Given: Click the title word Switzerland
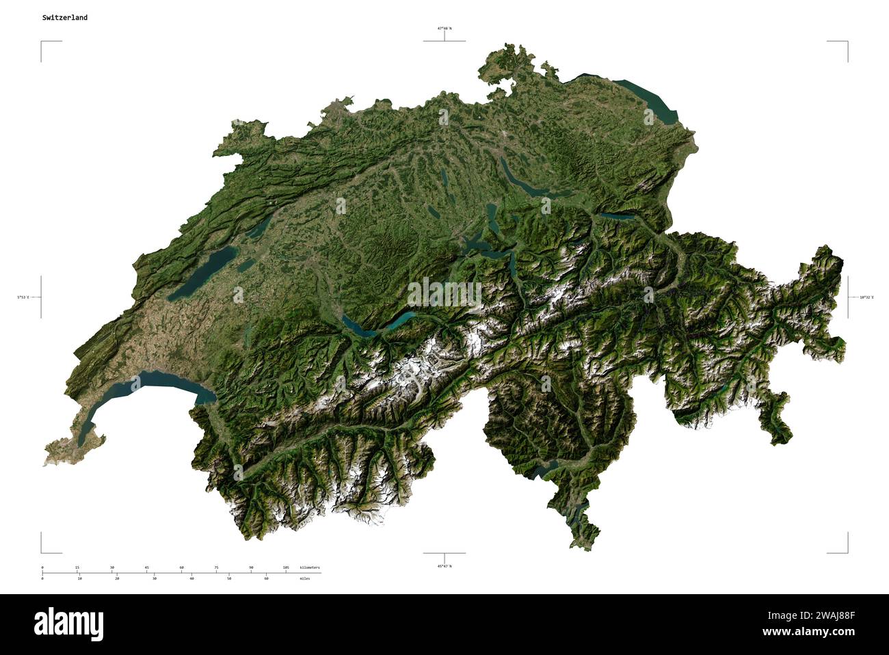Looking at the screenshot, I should (64, 18).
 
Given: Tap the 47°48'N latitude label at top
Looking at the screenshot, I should (444, 29).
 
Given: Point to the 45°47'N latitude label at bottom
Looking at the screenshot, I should (444, 566).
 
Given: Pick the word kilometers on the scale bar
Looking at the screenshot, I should (309, 567).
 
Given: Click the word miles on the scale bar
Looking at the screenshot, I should (304, 578).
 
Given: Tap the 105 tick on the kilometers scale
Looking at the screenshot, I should (286, 567).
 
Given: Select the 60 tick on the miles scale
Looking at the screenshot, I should (266, 578).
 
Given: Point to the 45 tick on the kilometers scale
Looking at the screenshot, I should (146, 567).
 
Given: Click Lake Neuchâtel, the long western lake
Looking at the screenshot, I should (202, 273).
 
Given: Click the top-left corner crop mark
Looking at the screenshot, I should (42, 42).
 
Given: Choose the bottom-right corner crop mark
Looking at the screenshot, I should (847, 552).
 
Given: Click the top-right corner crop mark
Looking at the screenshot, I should (847, 42).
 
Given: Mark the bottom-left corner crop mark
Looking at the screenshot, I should (42, 552).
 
